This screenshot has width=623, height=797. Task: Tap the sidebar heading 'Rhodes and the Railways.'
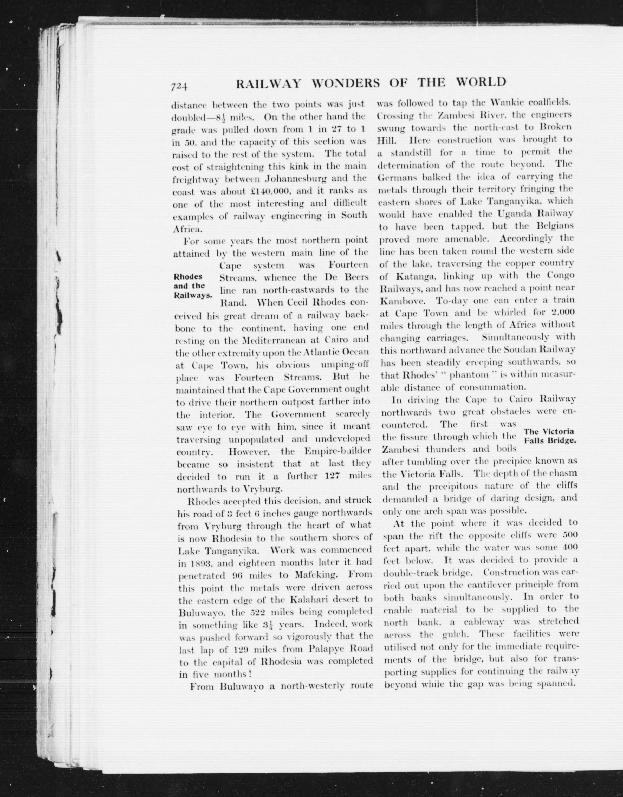192,286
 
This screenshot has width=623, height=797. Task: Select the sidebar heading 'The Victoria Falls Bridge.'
549,436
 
